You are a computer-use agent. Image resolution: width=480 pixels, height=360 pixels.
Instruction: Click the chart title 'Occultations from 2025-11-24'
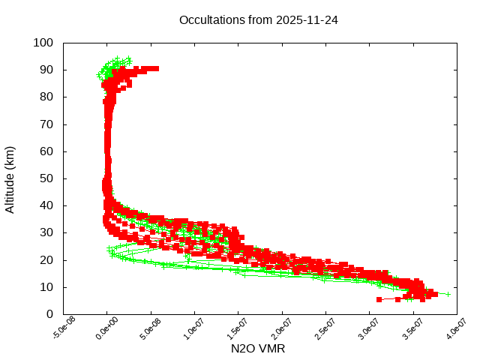[x=258, y=20]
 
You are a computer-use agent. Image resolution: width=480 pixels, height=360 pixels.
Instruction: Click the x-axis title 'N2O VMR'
[x=258, y=349]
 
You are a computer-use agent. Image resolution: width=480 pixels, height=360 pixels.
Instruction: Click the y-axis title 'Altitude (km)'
[x=10, y=178]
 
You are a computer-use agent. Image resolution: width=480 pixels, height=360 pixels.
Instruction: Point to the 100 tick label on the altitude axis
[x=43, y=43]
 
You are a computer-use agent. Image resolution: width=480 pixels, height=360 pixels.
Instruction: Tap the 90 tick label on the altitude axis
[x=46, y=70]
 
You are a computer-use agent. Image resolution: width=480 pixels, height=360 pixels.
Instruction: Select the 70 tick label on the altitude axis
[x=46, y=124]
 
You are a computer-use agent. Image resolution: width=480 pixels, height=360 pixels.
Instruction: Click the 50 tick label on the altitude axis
[x=46, y=178]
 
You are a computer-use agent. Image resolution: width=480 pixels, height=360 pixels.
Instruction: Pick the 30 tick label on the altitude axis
[x=46, y=232]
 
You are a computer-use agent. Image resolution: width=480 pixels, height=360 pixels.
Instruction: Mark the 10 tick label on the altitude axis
[x=46, y=287]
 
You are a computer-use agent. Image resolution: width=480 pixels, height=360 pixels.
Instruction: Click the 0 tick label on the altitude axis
[x=49, y=314]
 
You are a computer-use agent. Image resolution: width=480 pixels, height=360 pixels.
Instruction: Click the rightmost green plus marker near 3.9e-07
[x=448, y=294]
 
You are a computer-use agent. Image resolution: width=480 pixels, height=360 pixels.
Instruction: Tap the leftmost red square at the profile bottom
[x=379, y=299]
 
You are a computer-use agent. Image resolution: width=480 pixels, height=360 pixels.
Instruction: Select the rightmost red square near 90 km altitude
[x=155, y=68]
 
